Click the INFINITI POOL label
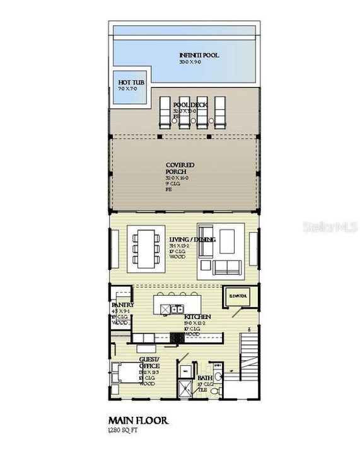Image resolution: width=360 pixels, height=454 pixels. click(199, 55)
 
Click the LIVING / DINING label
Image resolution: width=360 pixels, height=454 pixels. click(192, 240)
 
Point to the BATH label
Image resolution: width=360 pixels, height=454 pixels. click(206, 379)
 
